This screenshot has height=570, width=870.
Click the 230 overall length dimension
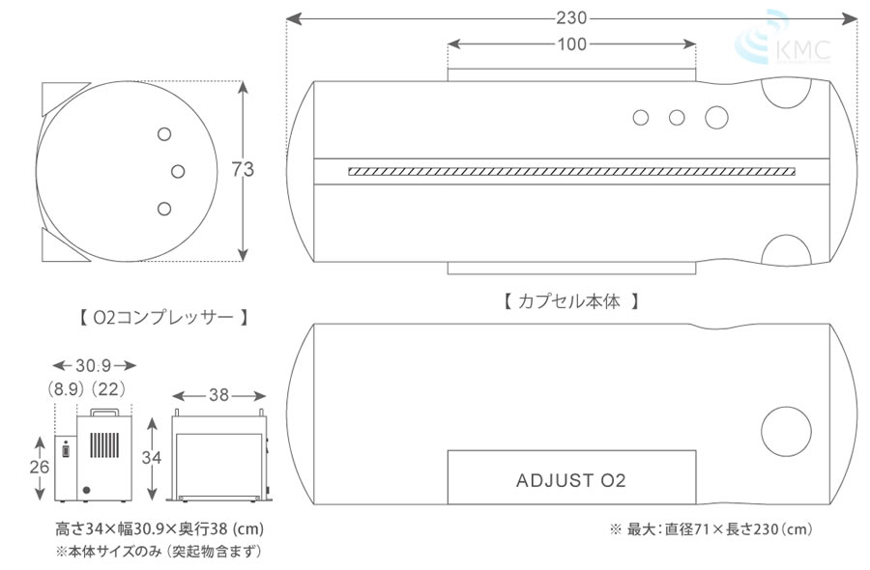coord(571,18)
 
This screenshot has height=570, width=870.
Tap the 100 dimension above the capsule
coord(571,44)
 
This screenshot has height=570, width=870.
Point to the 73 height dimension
coord(243,170)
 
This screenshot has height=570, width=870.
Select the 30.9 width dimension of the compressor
coord(95,366)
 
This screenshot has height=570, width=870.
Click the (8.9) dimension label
coord(66,388)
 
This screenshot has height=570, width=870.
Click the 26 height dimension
coord(39,467)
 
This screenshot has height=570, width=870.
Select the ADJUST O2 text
coord(571,480)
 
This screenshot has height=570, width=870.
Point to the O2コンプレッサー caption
coord(163,316)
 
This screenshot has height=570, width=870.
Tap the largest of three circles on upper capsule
coord(716,117)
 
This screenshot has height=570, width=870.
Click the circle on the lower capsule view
coord(787,432)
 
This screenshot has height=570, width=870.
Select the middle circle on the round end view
coord(178,171)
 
